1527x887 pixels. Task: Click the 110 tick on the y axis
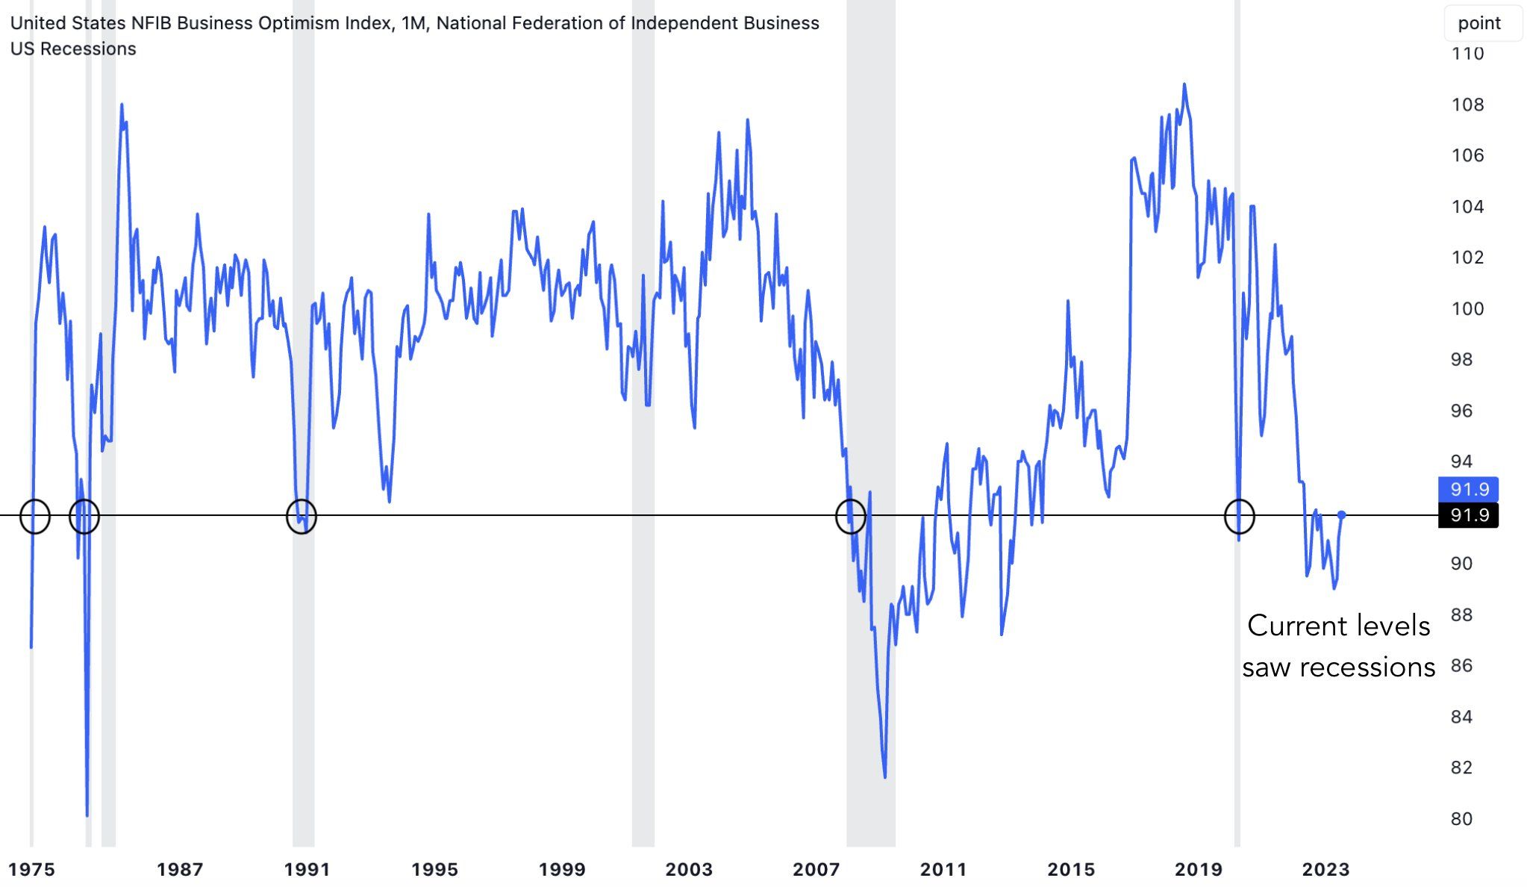click(x=1467, y=54)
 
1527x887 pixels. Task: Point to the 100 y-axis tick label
click(x=1467, y=308)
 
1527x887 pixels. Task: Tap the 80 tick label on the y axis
click(x=1461, y=819)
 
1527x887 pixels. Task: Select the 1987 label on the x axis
click(x=180, y=869)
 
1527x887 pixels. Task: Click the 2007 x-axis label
click(x=816, y=869)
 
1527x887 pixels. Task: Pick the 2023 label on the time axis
click(x=1325, y=869)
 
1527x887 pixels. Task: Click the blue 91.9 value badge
click(x=1468, y=490)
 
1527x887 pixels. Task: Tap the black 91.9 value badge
click(x=1468, y=515)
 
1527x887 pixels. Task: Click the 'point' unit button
click(x=1478, y=23)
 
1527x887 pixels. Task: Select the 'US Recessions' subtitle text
click(x=73, y=49)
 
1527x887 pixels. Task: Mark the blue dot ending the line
click(x=1341, y=515)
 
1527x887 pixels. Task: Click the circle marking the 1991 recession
click(x=302, y=516)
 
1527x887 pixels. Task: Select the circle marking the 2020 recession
click(x=1240, y=516)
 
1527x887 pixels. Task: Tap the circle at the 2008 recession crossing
click(x=850, y=516)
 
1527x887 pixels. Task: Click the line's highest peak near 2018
click(x=1184, y=84)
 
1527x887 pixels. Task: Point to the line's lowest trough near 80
click(x=87, y=815)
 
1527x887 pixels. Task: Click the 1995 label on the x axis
click(x=434, y=869)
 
